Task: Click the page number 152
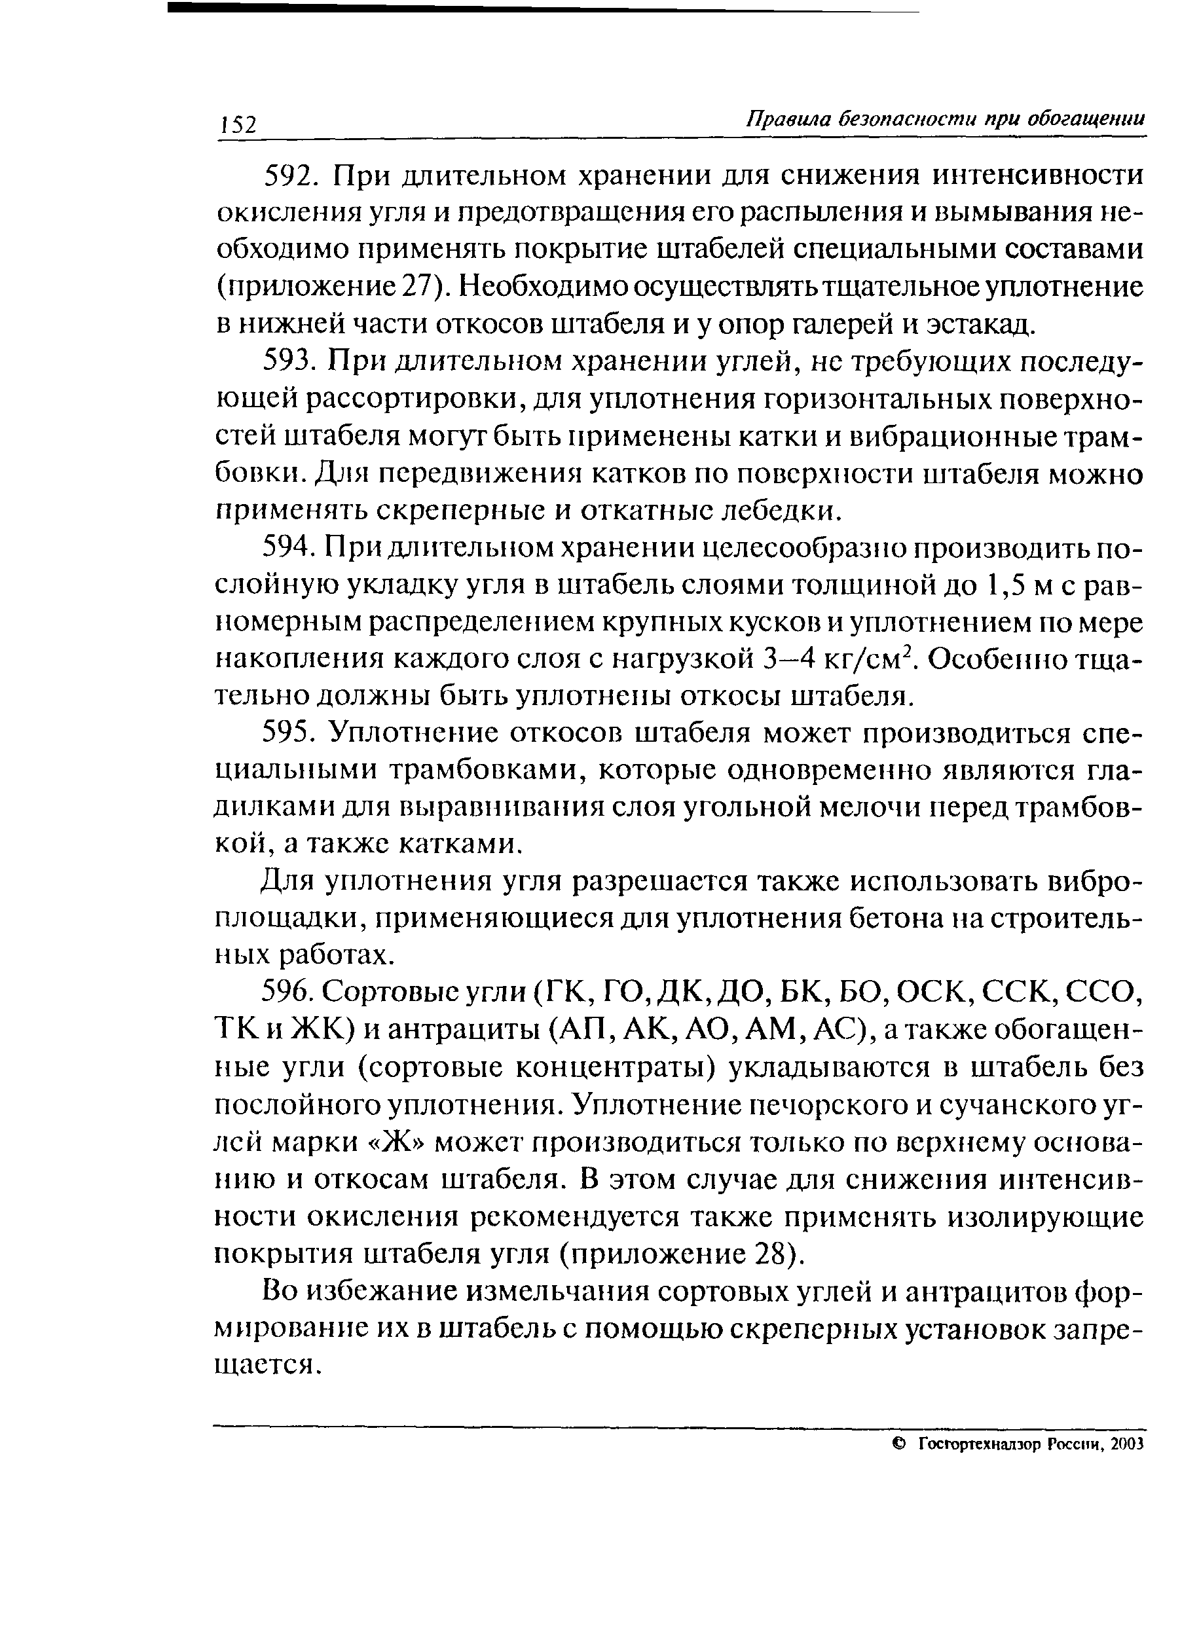(239, 124)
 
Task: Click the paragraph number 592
(288, 177)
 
